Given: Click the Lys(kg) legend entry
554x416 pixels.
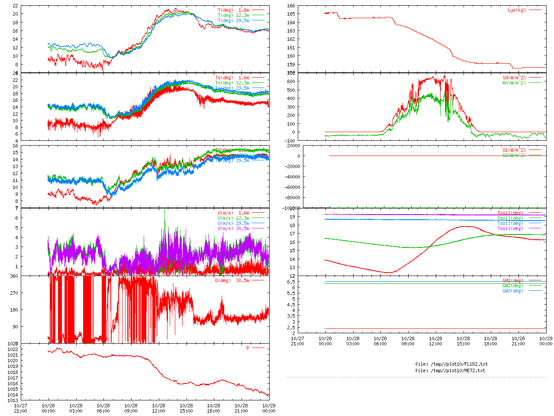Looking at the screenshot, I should click(517, 10).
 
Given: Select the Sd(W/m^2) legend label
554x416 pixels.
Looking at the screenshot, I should click(514, 78).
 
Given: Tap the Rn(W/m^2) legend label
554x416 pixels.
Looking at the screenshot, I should click(514, 83).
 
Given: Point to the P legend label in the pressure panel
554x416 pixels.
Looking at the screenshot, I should click(248, 348).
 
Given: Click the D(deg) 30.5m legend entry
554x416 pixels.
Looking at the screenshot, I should click(232, 280).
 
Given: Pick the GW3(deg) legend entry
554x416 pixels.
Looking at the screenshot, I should click(512, 291).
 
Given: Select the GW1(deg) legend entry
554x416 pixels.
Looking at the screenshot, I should click(512, 280).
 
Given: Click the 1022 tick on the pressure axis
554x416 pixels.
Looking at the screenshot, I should click(13, 349).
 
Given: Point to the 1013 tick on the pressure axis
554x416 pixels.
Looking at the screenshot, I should click(13, 400).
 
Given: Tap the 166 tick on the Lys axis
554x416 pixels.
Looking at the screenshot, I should click(291, 6).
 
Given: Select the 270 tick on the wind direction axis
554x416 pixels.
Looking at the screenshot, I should click(14, 293).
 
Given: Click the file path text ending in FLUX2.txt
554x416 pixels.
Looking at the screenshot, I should click(451, 364).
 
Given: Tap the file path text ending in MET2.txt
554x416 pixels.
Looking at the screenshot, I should click(450, 370).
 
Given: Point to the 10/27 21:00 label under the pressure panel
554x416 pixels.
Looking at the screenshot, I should click(20, 408).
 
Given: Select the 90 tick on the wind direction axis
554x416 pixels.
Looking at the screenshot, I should click(16, 327).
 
